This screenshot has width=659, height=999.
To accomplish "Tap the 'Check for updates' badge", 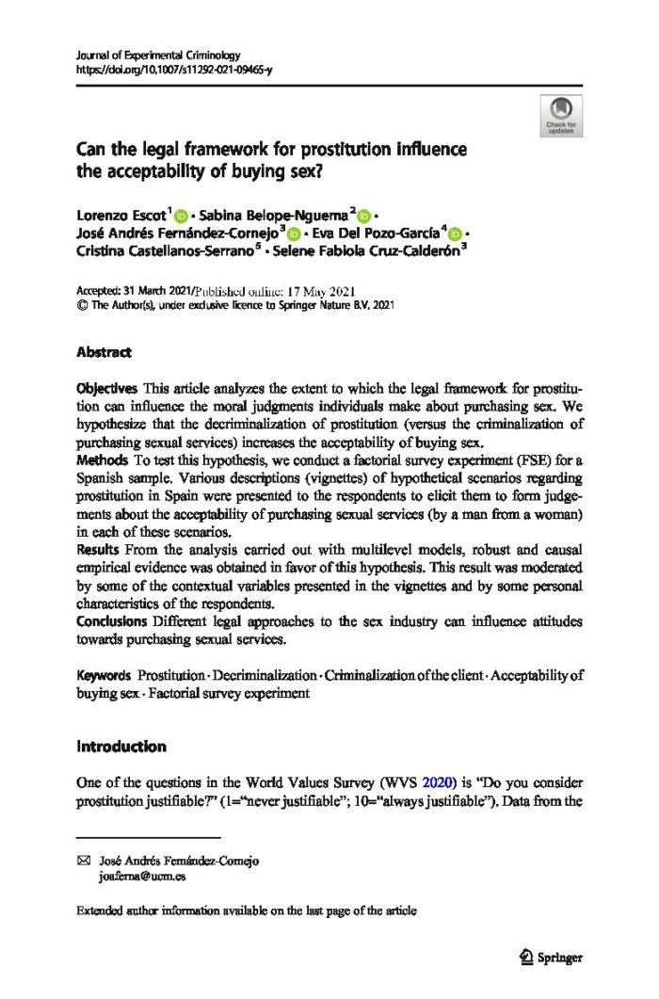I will (x=561, y=116).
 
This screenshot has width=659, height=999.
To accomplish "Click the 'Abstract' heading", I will (x=104, y=352).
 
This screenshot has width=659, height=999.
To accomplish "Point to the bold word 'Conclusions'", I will (x=110, y=622).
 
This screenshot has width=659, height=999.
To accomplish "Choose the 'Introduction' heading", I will (x=121, y=747).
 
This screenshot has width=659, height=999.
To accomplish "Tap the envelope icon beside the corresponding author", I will (x=82, y=861).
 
